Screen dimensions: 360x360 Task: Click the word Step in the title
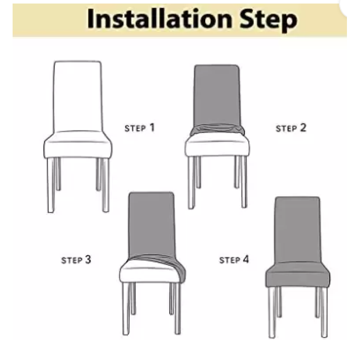[268, 20]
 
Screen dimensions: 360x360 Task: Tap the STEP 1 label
[139, 128]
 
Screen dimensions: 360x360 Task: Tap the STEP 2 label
[291, 128]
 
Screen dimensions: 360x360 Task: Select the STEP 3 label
[76, 260]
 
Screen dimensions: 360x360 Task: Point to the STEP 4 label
[234, 260]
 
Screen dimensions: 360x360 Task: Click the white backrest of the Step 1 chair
[77, 96]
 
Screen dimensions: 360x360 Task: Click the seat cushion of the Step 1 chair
[78, 144]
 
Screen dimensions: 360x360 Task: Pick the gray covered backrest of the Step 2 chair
[217, 96]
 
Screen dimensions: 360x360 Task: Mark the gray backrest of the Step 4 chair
[297, 229]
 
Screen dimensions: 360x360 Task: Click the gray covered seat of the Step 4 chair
[298, 275]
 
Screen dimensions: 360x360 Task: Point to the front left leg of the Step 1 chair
[51, 185]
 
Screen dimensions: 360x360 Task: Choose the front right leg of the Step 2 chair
[244, 182]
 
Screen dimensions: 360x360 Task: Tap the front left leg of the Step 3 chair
[126, 308]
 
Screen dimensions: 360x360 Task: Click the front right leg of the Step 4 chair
[324, 312]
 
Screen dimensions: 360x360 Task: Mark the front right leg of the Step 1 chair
[105, 185]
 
